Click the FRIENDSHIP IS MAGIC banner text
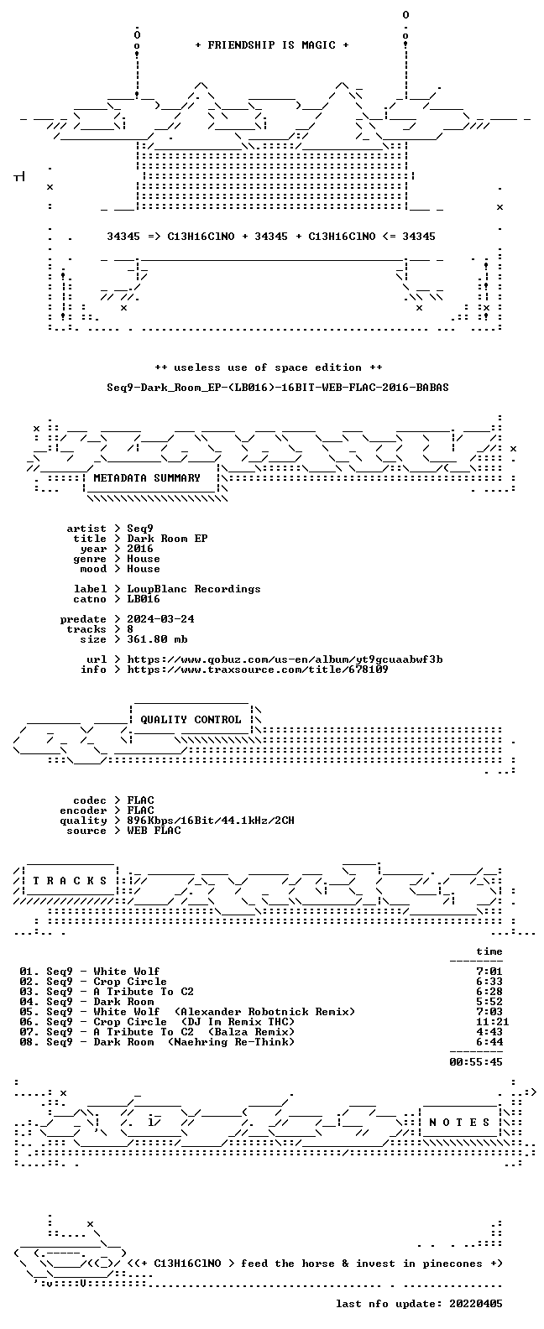tap(272, 45)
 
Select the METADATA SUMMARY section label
tap(147, 477)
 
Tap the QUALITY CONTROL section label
tap(191, 720)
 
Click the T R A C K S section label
tap(70, 880)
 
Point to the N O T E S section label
tap(459, 1122)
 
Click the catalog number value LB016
tap(143, 599)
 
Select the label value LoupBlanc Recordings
tap(194, 588)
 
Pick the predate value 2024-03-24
tap(160, 619)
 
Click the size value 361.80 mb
tap(157, 639)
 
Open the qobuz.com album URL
tap(285, 659)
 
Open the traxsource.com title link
tap(257, 670)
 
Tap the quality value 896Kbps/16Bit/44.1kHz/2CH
tap(210, 820)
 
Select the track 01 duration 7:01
tap(489, 972)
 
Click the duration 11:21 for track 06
tap(492, 1022)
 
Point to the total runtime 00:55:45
tap(476, 1062)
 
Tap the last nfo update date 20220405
tap(476, 1304)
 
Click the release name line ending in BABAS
tap(277, 388)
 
